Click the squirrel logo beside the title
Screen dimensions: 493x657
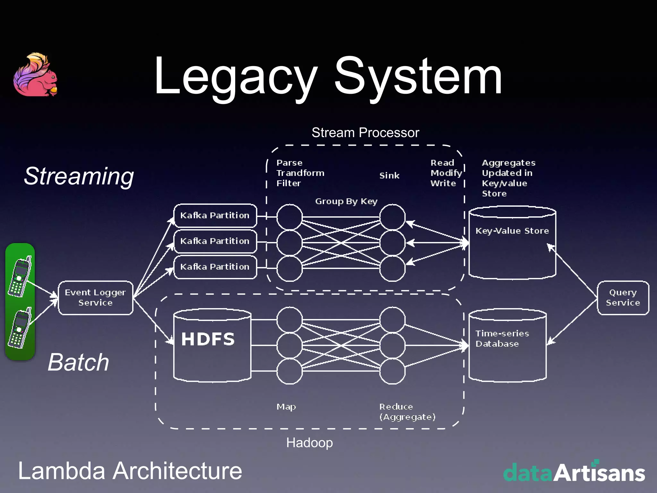pos(35,75)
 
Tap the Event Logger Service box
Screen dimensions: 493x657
pos(95,298)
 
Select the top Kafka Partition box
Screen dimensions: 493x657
pos(215,215)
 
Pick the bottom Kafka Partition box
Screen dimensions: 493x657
pos(215,267)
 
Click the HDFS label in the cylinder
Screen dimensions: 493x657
pos(208,339)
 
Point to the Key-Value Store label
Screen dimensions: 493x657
pos(512,231)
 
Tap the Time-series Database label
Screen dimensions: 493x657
pos(502,339)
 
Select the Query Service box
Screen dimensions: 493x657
pos(623,298)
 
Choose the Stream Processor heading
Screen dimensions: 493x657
pos(365,133)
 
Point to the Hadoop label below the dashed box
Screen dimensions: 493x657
pos(309,443)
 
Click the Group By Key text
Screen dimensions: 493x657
pos(346,201)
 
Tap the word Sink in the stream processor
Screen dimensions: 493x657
pos(389,176)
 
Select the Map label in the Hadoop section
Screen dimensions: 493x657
pos(286,407)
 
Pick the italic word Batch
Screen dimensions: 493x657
pos(79,362)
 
